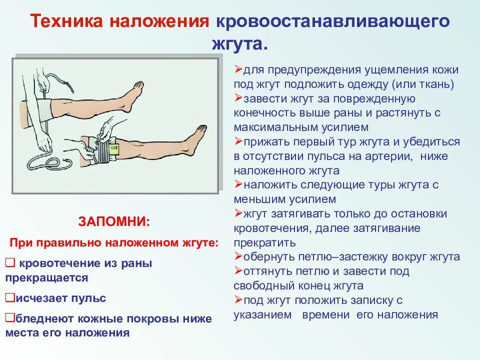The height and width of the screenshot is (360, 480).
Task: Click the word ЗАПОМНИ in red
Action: coord(113,221)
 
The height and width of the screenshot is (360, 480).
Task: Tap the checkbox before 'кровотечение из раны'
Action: coord(10,262)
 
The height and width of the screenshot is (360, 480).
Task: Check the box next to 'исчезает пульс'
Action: coord(9,298)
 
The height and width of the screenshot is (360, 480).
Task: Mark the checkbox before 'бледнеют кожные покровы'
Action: coord(9,318)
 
